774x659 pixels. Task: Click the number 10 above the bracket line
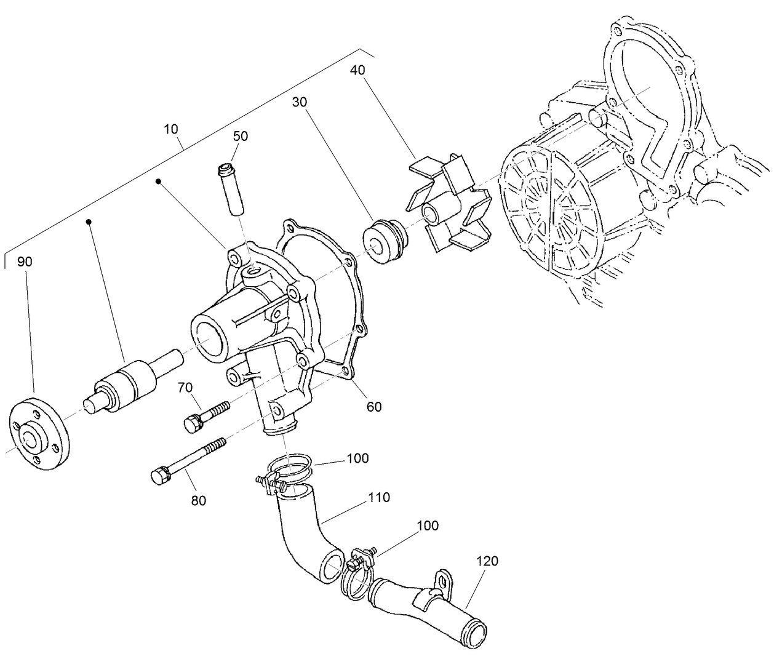tap(171, 129)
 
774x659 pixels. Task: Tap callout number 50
tap(241, 136)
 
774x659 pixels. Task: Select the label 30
tap(300, 102)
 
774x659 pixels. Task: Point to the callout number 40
tap(357, 70)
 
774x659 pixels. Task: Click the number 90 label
tap(25, 262)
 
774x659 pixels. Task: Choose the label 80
tap(198, 500)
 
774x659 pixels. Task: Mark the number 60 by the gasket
tap(374, 406)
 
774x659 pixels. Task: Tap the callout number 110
tap(378, 497)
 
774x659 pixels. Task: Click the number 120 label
tap(487, 561)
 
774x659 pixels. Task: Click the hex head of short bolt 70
tap(192, 423)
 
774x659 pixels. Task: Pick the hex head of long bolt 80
tap(160, 476)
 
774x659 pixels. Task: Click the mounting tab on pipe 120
tap(442, 580)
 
